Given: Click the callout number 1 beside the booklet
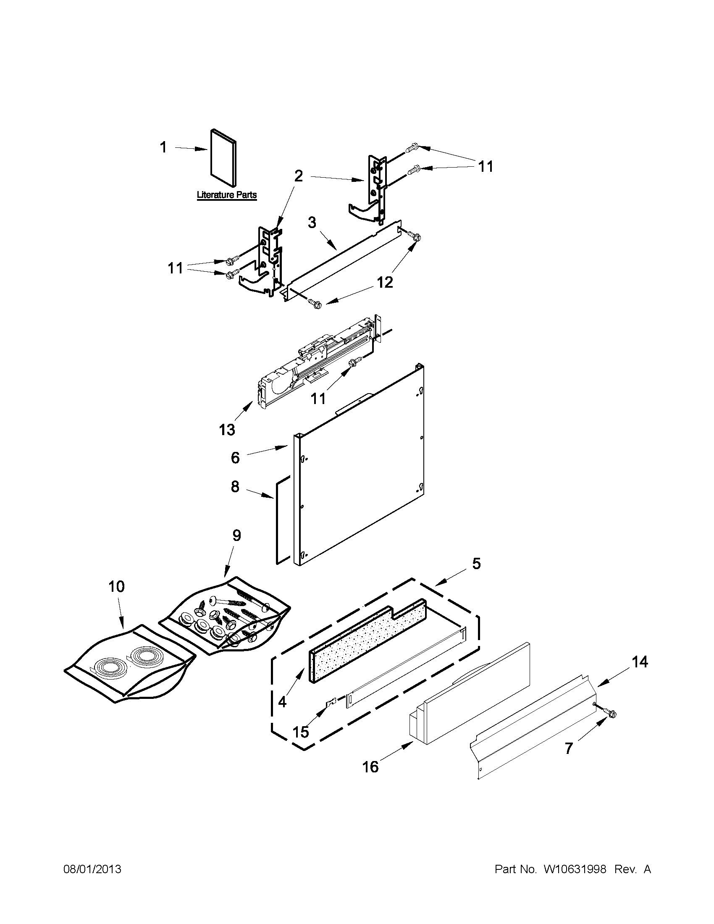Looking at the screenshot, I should (163, 148).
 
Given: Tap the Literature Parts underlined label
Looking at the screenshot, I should (227, 195).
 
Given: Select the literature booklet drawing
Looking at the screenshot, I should (223, 157).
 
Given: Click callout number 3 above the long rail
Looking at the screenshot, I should (312, 223).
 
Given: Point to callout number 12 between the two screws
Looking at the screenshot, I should (385, 282).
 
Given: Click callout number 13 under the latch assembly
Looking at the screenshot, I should (227, 430).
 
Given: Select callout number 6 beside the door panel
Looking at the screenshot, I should (235, 457).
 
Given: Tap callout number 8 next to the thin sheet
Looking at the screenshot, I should (235, 486).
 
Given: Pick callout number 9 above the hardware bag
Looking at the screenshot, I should (236, 535).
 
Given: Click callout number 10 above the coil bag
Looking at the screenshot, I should (116, 586).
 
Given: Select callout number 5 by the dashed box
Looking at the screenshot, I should (476, 564).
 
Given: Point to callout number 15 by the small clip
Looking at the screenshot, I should (301, 732).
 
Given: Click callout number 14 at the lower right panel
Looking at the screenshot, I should (640, 661).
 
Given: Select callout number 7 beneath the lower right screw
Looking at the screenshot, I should (569, 748).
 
